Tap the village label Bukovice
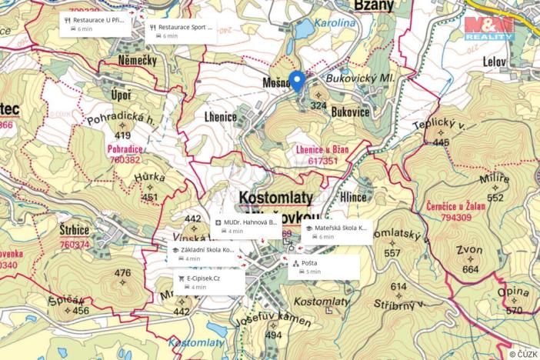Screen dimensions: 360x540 [x=350, y=112]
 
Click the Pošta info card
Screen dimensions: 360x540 [x=324, y=266]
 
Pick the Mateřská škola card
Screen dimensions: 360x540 [x=338, y=232]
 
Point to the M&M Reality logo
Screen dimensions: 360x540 [x=489, y=28]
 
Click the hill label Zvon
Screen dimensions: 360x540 [x=469, y=251]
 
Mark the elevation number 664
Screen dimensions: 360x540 [x=471, y=269]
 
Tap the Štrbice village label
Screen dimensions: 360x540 [x=75, y=230]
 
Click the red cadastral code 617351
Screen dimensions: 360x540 [x=322, y=162]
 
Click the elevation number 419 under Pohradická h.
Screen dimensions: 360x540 [x=122, y=135]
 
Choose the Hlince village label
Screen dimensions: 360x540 [x=352, y=197]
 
